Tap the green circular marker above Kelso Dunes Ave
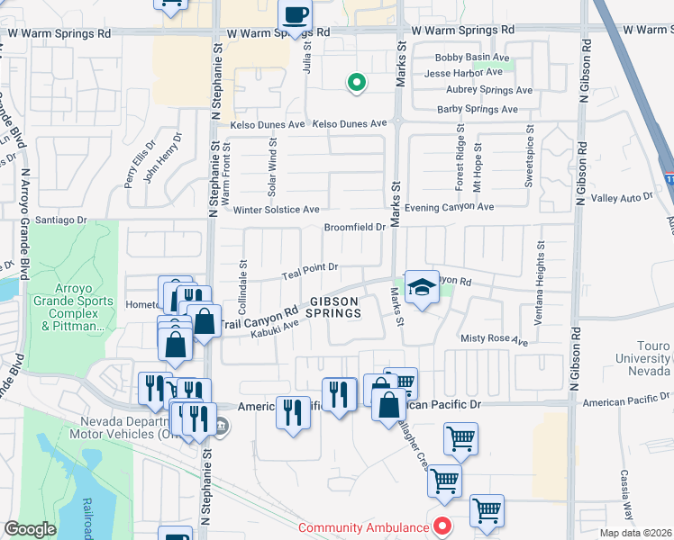(x=356, y=84)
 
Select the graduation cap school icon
(x=422, y=287)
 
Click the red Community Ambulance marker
(x=442, y=526)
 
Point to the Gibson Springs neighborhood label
(x=334, y=307)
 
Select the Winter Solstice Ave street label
(x=277, y=210)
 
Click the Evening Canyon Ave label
(x=449, y=207)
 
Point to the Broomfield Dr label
(x=355, y=227)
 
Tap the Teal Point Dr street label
(x=309, y=267)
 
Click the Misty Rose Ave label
(x=494, y=341)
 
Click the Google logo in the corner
(x=30, y=529)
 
